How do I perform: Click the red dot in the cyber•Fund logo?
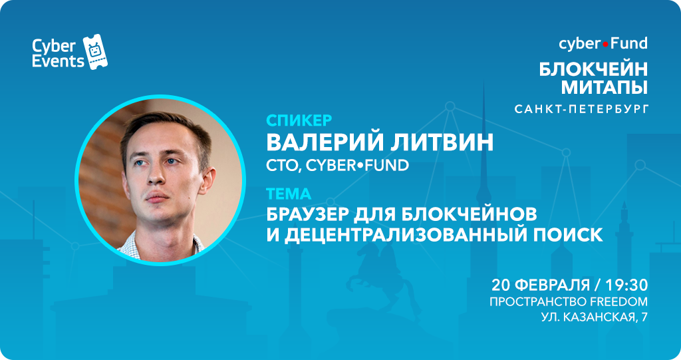(x=605, y=45)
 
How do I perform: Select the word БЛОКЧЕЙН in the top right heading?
(x=593, y=69)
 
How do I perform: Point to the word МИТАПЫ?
(x=604, y=87)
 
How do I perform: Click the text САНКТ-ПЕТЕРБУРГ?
(x=581, y=108)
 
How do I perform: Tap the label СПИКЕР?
(x=299, y=120)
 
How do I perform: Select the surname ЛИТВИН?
(x=442, y=142)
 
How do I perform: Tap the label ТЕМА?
(x=289, y=194)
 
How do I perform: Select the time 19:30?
(x=626, y=285)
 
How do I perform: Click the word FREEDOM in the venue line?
(x=618, y=301)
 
